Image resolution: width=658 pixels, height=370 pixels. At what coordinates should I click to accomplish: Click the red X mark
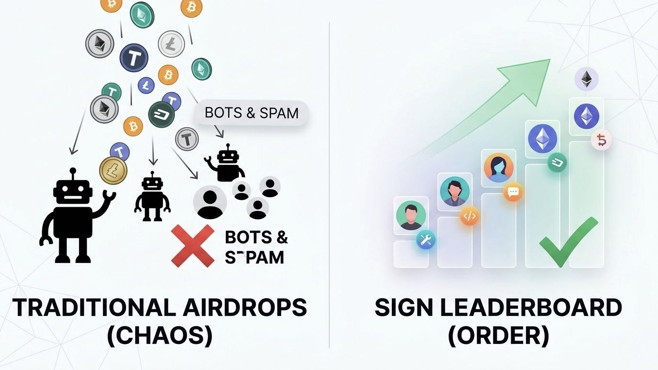click(193, 245)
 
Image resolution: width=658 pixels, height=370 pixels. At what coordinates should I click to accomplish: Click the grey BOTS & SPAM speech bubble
click(251, 113)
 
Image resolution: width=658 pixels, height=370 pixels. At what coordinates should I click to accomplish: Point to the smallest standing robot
click(153, 198)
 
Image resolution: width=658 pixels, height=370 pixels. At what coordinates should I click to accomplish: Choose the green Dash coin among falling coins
click(161, 115)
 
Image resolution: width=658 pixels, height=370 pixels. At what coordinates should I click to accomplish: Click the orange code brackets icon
click(469, 216)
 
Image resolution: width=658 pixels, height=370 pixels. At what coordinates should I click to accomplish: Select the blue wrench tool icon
click(425, 239)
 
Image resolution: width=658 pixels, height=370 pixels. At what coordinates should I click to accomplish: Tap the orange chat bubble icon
click(513, 192)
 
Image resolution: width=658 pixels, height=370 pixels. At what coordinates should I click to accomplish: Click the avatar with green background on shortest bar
click(411, 215)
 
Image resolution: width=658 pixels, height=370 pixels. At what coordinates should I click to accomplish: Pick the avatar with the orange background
click(499, 167)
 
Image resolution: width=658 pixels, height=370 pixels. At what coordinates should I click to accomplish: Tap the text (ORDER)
click(498, 335)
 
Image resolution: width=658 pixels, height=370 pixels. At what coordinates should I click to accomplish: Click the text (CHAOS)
click(159, 335)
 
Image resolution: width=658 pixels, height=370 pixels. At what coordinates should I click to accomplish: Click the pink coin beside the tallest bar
click(602, 140)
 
